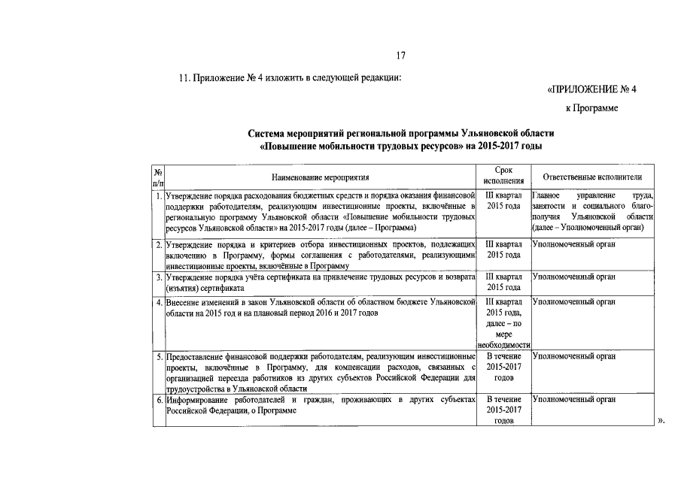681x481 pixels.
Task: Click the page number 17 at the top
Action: click(x=401, y=55)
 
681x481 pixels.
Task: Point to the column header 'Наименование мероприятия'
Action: click(x=321, y=177)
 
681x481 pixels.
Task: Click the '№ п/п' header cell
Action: click(x=158, y=177)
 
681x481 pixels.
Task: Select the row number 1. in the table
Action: click(x=159, y=195)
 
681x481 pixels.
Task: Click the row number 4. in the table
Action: click(x=159, y=302)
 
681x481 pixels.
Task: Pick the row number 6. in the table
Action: click(x=159, y=400)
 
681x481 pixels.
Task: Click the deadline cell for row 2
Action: click(x=504, y=250)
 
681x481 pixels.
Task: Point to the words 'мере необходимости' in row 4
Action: click(x=504, y=339)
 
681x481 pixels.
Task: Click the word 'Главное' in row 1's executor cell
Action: click(x=546, y=195)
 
